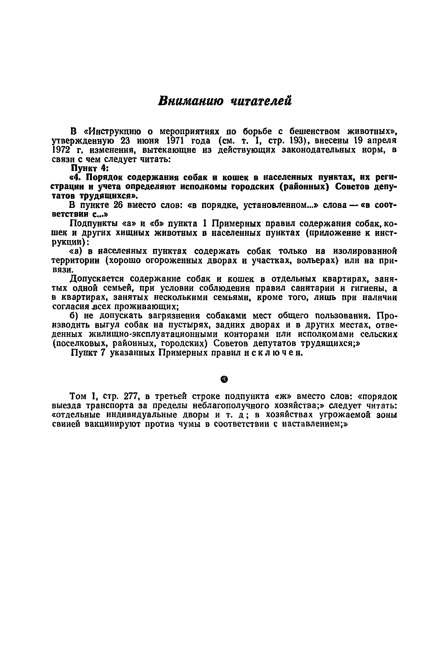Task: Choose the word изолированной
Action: coord(365,251)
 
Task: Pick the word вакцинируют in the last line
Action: coord(113,424)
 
